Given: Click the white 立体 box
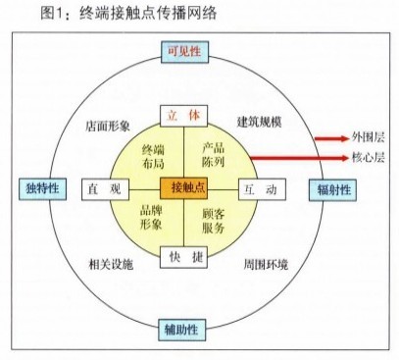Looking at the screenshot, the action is tap(185, 116).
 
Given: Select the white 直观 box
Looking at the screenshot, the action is tap(105, 186).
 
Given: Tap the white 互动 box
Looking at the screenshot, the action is tap(262, 186).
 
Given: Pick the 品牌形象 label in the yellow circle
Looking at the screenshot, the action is tap(152, 218).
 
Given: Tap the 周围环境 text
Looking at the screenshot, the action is tap(266, 264).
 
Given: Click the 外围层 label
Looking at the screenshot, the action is tap(368, 138).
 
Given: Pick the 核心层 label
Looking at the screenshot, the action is tap(368, 157).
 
